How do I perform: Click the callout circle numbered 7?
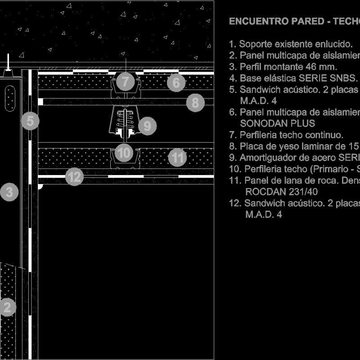coord(125,82)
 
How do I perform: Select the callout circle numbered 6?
coord(176,83)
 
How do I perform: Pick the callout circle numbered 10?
coord(123,153)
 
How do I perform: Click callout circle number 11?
coord(178,157)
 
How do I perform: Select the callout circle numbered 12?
coord(74,177)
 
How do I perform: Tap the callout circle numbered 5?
coord(30,121)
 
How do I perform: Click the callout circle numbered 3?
coord(9,193)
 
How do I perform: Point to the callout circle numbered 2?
coord(7,308)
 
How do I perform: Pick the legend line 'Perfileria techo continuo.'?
coord(286,135)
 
